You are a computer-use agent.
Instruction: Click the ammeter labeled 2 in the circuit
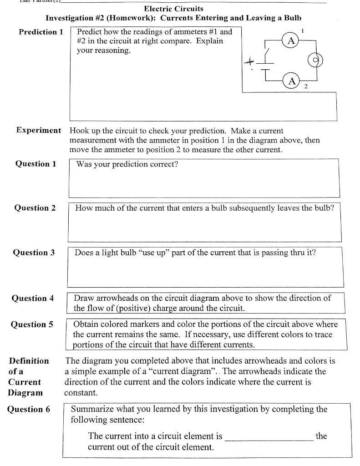click(x=292, y=81)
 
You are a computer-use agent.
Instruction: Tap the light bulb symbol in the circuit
click(x=315, y=60)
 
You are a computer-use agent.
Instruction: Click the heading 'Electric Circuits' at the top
click(x=173, y=9)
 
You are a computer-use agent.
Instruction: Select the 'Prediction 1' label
click(x=41, y=32)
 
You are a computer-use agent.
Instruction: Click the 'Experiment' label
click(x=39, y=130)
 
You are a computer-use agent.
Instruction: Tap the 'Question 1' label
click(x=36, y=164)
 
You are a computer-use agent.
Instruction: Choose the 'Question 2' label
click(x=35, y=208)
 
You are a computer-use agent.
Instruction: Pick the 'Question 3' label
click(x=34, y=253)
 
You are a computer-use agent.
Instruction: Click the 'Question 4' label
click(x=33, y=299)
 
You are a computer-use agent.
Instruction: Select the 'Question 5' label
click(x=32, y=324)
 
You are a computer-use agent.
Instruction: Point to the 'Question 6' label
click(x=29, y=409)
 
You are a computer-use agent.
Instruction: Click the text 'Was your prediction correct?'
click(x=127, y=164)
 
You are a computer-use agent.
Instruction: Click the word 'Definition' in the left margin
click(x=29, y=361)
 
